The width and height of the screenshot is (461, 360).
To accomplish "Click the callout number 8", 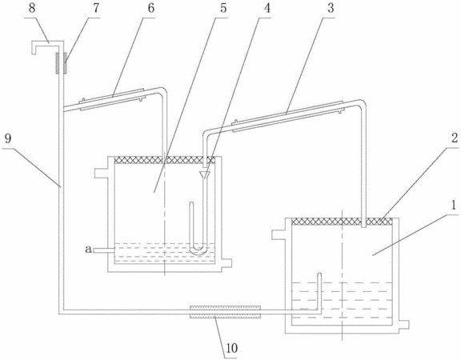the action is click(32, 8).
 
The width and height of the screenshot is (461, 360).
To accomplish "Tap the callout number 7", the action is click(96, 8).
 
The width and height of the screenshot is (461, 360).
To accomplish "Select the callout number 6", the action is click(150, 8).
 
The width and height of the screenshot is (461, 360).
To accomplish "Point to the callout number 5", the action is click(223, 8).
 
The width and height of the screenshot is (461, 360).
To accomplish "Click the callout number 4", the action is click(267, 8).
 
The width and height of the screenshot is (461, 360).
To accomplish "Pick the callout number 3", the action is click(331, 8).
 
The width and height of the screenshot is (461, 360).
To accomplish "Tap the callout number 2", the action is click(455, 138).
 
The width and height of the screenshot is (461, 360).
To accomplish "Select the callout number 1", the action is click(454, 206).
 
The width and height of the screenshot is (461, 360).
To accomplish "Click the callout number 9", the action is click(8, 138).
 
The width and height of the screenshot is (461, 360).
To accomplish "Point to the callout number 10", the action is click(231, 348).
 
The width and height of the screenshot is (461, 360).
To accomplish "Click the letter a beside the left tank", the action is click(88, 250).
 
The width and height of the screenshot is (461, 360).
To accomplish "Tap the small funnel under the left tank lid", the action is click(204, 175).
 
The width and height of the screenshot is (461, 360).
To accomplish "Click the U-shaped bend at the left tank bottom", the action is click(198, 250).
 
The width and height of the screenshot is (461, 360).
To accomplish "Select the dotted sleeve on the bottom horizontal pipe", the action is click(225, 311).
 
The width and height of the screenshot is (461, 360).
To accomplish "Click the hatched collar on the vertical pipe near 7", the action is click(61, 63).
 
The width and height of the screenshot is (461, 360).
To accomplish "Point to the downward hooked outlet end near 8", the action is click(34, 49).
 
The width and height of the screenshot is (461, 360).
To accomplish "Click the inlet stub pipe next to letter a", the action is click(104, 250).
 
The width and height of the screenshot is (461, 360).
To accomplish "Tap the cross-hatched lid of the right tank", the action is click(342, 222).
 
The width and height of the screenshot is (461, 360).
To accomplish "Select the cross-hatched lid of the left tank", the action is click(164, 160).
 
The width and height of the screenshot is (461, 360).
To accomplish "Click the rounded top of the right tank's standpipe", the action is click(319, 274).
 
